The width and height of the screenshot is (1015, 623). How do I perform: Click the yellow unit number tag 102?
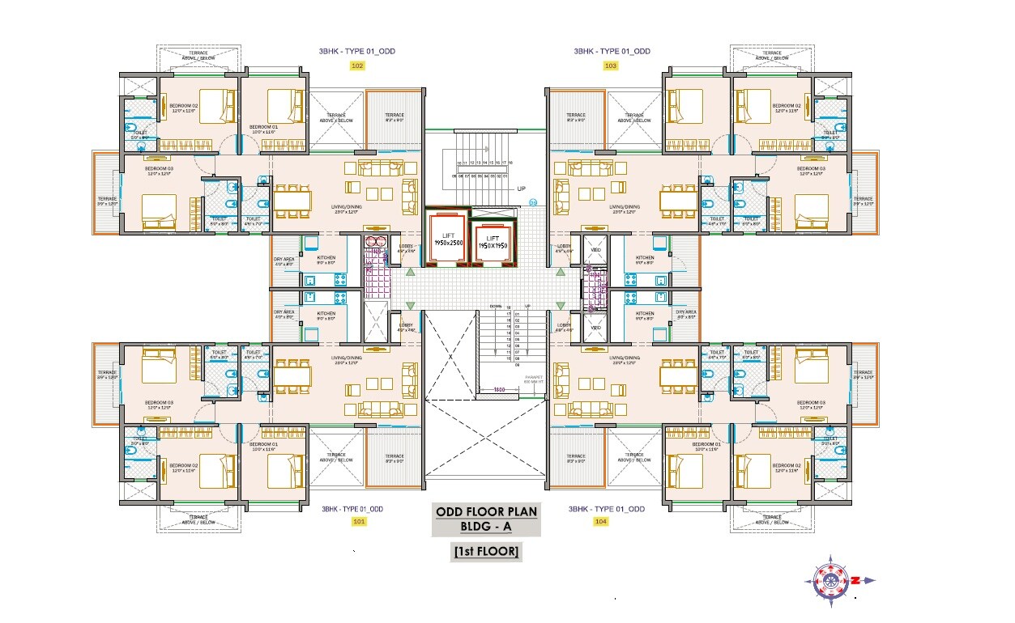pos(357,66)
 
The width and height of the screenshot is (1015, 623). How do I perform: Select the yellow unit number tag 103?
pos(610,66)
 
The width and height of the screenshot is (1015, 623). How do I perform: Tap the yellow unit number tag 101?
pos(359,522)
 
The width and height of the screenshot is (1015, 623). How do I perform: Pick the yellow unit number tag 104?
pos(600,522)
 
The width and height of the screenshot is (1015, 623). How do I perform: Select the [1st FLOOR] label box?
pos(486,552)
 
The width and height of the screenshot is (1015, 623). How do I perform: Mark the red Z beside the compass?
pos(855,580)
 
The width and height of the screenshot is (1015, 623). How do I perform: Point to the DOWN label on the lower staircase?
pos(494,307)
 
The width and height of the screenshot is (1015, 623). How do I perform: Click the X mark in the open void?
pos(450,354)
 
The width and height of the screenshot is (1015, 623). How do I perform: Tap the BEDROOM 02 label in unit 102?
pos(184,106)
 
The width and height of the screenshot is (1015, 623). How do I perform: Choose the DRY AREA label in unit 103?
pos(685,312)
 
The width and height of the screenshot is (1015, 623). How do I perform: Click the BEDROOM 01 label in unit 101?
pos(263,445)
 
